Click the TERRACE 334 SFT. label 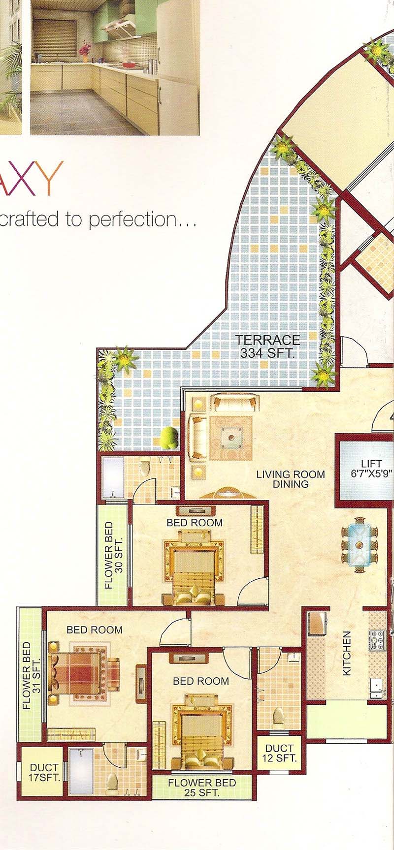pos(267,346)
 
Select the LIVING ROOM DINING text pos(290,479)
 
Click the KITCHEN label pos(347,653)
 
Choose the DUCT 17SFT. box pos(44,772)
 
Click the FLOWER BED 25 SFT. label pos(201,787)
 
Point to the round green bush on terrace pos(169,437)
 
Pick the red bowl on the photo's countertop pos(130,64)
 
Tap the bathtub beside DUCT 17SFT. pos(81,772)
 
